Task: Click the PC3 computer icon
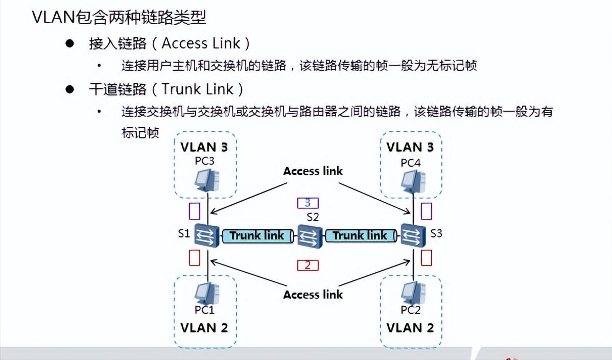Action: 207,180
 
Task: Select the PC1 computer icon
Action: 207,293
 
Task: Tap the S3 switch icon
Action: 412,235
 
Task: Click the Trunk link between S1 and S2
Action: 257,236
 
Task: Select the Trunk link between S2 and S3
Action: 361,236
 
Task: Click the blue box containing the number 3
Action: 308,203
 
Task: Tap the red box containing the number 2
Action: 308,265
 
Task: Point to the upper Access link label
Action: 313,171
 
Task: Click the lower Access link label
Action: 313,295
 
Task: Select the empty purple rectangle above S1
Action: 195,211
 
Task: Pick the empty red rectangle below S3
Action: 426,257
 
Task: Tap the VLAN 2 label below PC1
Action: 204,327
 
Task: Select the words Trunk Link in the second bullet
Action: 198,89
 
